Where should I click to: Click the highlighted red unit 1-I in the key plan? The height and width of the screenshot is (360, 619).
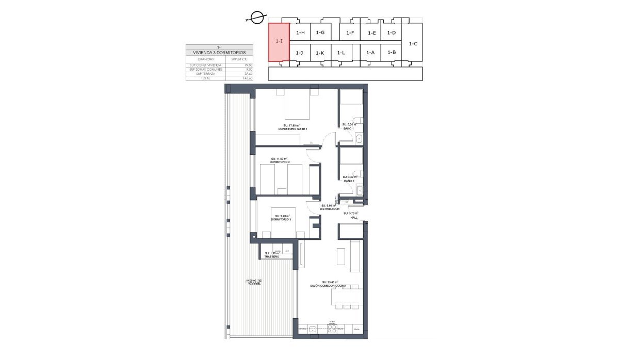(279, 42)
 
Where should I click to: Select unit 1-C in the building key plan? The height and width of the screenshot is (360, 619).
(413, 44)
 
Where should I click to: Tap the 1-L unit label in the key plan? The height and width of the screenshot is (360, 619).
(341, 53)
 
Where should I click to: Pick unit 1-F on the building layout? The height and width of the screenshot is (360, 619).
(350, 33)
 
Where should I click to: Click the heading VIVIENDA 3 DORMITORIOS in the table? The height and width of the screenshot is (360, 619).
(220, 53)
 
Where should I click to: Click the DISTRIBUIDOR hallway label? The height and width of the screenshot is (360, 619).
(328, 209)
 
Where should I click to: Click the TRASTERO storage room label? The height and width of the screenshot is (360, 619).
(272, 256)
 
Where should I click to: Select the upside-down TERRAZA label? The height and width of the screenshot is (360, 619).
(251, 284)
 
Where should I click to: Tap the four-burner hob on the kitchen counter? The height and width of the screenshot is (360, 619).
(333, 329)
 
